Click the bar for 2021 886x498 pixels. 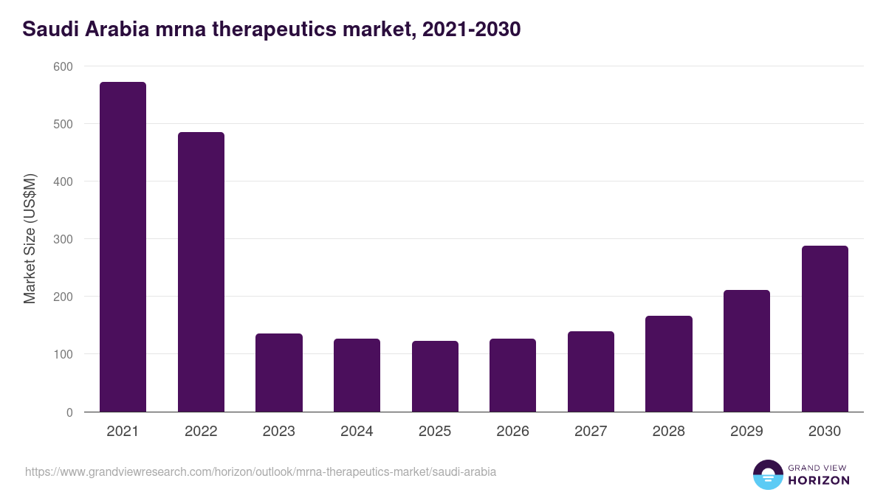click(x=123, y=247)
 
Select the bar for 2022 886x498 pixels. click(x=201, y=272)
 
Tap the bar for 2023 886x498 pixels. click(x=279, y=373)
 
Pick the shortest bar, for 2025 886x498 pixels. click(x=435, y=376)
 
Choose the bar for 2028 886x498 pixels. click(x=669, y=364)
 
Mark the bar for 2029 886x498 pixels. click(x=746, y=351)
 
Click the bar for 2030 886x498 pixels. click(x=825, y=329)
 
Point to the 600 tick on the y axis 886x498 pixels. click(x=63, y=66)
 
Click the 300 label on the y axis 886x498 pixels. click(x=63, y=239)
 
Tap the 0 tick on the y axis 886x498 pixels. click(x=69, y=412)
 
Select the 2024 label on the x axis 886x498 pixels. click(x=357, y=432)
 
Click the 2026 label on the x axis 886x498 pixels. click(x=512, y=432)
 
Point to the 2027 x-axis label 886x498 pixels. click(x=591, y=432)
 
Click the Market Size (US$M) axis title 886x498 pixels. click(x=30, y=238)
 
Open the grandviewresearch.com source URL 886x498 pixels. click(x=261, y=471)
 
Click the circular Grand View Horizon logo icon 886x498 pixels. click(x=767, y=474)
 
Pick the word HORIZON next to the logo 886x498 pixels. click(x=818, y=480)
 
